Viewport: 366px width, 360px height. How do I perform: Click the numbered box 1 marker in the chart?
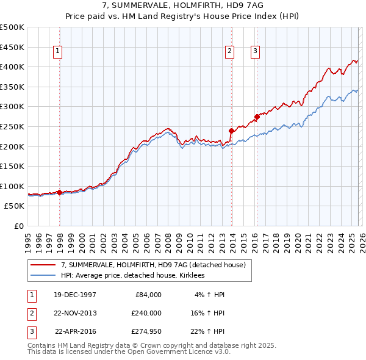57,52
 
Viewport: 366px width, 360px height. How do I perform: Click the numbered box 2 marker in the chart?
230,52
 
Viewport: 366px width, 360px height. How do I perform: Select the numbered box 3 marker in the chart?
254,52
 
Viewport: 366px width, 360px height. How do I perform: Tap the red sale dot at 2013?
231,131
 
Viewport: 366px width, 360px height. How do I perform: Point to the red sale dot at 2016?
257,117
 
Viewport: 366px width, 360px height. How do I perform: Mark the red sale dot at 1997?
60,192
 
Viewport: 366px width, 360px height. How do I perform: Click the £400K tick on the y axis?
12,67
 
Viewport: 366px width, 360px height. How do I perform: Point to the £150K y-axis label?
12,166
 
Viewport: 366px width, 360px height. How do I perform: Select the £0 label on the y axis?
18,226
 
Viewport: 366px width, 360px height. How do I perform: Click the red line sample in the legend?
43,265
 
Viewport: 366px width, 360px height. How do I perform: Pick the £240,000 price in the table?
146,312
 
